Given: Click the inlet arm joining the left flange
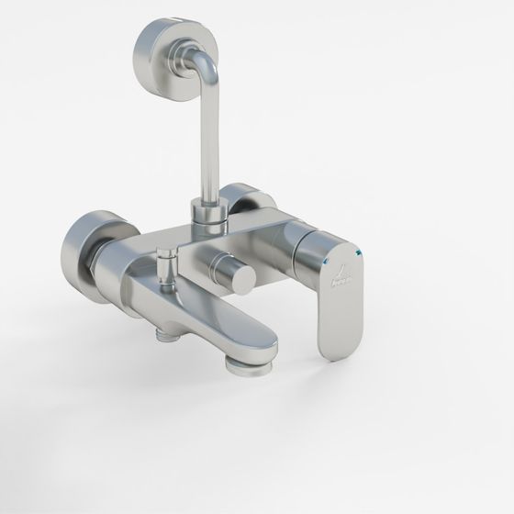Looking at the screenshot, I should coord(124,262).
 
